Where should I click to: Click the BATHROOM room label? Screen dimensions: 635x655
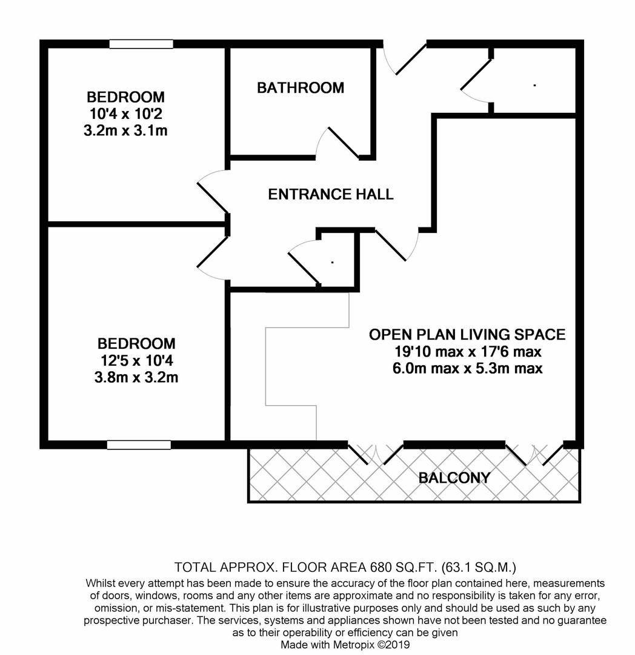(301, 88)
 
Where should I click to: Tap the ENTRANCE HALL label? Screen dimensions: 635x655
(330, 194)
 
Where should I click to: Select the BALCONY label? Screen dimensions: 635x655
(454, 477)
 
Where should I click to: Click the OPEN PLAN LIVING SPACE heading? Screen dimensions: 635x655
(467, 335)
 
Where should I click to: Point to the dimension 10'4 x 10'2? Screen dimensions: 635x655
(125, 113)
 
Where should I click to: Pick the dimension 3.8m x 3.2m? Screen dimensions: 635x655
(136, 378)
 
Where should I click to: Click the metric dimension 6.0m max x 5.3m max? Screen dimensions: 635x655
(468, 369)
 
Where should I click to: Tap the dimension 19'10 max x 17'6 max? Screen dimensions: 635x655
(468, 352)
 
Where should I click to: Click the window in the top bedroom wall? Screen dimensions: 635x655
(141, 44)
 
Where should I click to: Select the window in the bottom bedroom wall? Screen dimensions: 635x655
(139, 445)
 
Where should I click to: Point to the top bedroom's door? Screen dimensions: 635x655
(213, 192)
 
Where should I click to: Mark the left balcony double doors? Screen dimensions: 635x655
(376, 454)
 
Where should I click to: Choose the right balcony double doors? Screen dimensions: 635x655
(534, 454)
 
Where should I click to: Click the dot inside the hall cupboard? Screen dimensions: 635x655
(333, 263)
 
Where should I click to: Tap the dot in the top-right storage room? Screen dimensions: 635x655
(534, 86)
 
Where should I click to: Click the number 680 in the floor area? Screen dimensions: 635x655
(380, 567)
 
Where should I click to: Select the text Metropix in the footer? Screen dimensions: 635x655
(354, 645)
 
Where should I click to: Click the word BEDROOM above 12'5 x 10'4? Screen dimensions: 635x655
(136, 344)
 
